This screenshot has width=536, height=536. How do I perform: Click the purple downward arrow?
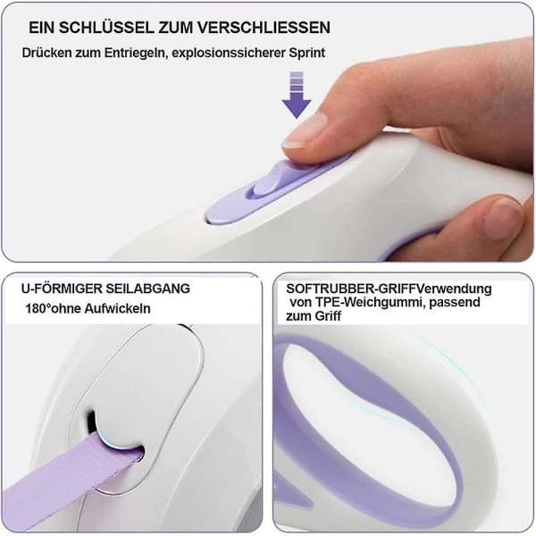(x=297, y=96)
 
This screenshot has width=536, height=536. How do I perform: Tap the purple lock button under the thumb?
(x=270, y=191)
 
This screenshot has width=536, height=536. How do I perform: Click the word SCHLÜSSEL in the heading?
(x=106, y=28)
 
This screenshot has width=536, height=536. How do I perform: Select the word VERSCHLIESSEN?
(x=265, y=28)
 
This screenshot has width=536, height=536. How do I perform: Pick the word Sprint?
(x=307, y=54)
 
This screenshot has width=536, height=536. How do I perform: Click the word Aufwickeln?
(x=117, y=309)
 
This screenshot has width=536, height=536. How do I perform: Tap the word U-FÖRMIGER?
(x=62, y=289)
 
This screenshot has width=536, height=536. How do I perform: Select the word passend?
(x=455, y=303)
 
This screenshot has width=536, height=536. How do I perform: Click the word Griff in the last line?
(x=328, y=316)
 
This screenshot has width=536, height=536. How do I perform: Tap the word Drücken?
(x=46, y=53)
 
